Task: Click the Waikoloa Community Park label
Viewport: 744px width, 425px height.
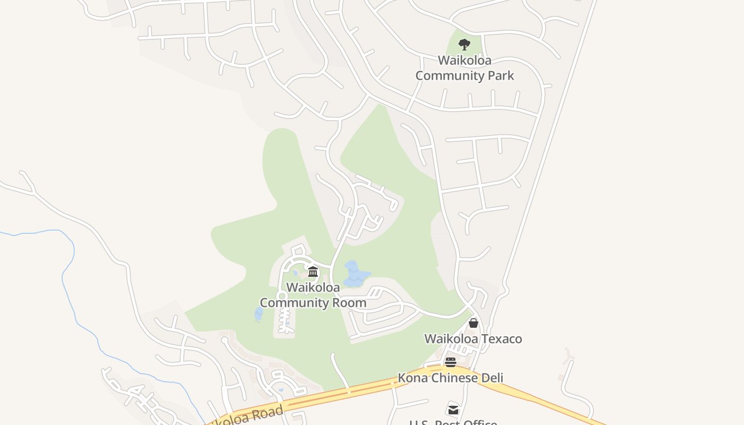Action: point(464,68)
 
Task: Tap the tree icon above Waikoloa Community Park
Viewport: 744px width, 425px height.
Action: point(464,44)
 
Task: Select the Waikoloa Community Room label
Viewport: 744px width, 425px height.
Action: point(313,295)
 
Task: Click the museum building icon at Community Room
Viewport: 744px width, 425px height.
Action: point(313,272)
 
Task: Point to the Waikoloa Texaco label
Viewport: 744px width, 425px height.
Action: point(473,338)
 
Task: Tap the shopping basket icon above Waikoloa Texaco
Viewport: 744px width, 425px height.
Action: point(474,322)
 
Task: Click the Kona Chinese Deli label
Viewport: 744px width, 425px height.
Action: point(451,378)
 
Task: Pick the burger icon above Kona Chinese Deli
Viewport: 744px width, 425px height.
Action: point(451,362)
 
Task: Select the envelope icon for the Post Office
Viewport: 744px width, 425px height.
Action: point(453,410)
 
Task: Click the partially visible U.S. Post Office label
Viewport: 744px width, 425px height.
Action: point(453,422)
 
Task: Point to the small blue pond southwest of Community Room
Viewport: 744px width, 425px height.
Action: point(259,314)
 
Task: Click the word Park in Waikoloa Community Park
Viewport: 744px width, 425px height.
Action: point(500,75)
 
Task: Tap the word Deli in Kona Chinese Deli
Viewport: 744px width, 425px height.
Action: point(491,378)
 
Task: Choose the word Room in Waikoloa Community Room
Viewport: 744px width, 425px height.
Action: point(350,303)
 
